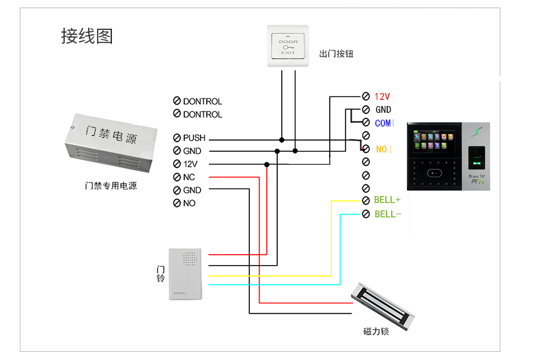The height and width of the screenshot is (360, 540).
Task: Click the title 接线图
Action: tap(87, 36)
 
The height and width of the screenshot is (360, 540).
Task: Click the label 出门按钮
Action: tap(336, 54)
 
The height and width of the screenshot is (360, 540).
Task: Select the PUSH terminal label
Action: tap(194, 138)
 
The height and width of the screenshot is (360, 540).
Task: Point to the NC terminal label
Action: tap(189, 177)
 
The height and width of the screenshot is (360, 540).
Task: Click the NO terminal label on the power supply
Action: tap(189, 203)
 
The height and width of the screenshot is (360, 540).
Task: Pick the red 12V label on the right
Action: tap(382, 96)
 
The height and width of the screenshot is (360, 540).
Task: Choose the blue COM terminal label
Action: tap(384, 123)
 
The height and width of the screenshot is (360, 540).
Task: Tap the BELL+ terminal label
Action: tap(387, 200)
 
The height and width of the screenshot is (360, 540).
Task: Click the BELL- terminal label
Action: tap(387, 214)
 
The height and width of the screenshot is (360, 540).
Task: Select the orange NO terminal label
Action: tap(383, 148)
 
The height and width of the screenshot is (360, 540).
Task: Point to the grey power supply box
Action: tap(109, 144)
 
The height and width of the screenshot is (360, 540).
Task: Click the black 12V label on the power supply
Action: tap(190, 164)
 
